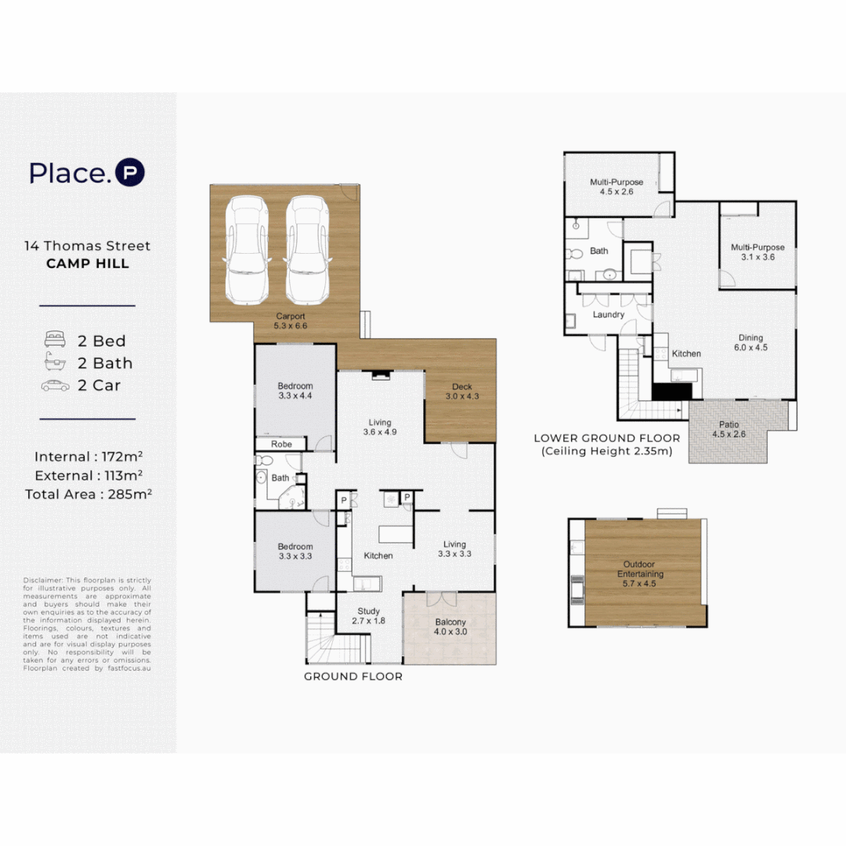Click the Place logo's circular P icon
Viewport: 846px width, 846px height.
[x=130, y=172]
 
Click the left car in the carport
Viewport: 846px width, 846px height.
[x=247, y=251]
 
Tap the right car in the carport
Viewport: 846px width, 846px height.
[x=308, y=251]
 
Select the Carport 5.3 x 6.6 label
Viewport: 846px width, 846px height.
[x=291, y=321]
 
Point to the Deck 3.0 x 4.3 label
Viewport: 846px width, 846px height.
[x=462, y=391]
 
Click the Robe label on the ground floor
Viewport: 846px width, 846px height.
[x=282, y=444]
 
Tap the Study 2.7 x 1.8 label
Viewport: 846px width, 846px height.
[x=368, y=616]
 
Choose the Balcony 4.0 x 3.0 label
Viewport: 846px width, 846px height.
[x=450, y=627]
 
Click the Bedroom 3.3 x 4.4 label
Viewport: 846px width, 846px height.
[x=295, y=391]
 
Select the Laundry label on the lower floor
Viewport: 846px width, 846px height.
[x=609, y=315]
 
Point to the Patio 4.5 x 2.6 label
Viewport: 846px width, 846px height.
[x=729, y=429]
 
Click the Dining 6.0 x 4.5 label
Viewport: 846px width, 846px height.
[x=750, y=342]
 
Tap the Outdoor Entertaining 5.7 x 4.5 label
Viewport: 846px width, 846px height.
[x=640, y=573]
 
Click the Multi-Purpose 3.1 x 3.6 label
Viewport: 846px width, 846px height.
[x=757, y=252]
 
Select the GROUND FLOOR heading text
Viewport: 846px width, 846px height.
[x=353, y=677]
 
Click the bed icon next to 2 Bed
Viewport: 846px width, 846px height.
[x=55, y=339]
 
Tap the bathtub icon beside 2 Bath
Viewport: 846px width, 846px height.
[x=55, y=361]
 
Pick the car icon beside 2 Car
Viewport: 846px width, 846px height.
[x=55, y=385]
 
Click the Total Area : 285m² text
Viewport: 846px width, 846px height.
[x=89, y=493]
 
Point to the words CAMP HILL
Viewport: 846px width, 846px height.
[x=88, y=264]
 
